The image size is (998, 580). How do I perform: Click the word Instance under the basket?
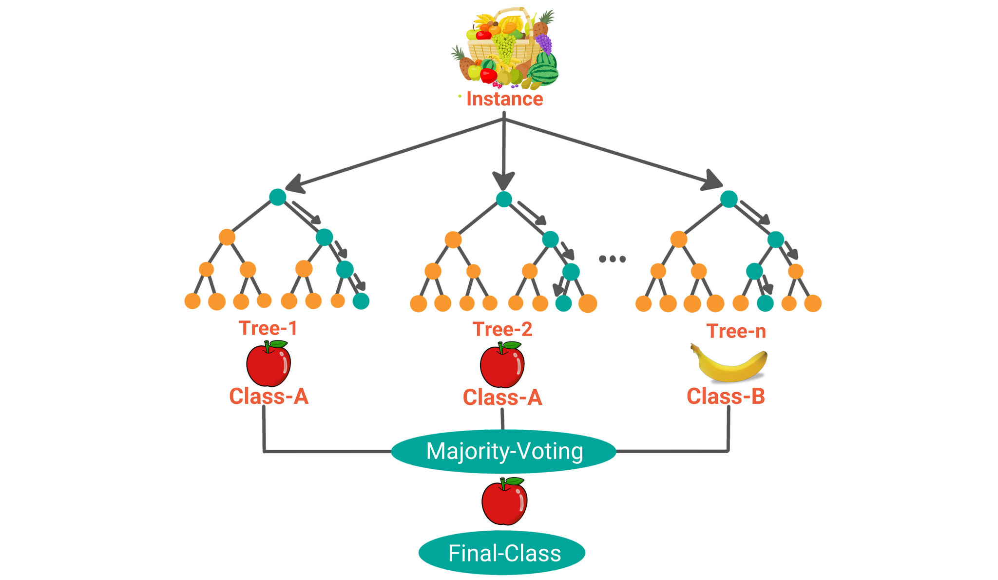coord(504,99)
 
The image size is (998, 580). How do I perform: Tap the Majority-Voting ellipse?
coord(504,451)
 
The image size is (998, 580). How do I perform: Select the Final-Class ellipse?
coord(502,553)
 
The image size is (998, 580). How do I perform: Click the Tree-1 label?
coord(268,328)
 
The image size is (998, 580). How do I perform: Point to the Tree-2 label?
coord(502,330)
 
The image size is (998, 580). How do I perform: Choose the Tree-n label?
coord(736,332)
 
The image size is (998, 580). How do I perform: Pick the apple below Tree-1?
coord(269,364)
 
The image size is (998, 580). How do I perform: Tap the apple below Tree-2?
coord(502,365)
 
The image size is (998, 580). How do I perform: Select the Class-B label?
coord(726,397)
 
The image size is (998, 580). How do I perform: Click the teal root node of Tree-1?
coord(278,197)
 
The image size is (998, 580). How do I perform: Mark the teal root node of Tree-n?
coord(729,199)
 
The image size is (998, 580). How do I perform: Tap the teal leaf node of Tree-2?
coord(563,303)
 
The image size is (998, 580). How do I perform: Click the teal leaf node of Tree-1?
coord(361,301)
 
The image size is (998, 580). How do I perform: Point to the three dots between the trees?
coord(612,259)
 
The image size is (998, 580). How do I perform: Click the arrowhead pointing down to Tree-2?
coord(503,181)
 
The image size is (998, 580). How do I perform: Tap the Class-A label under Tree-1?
coord(269,397)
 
